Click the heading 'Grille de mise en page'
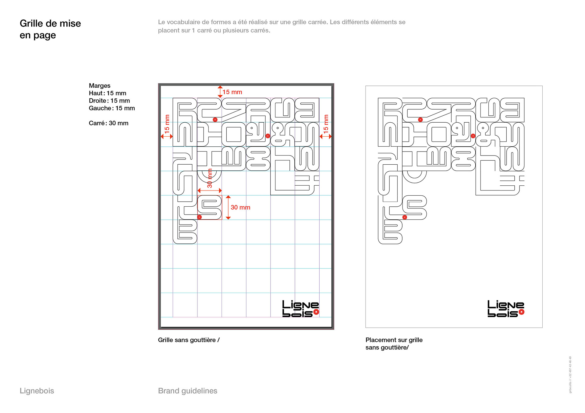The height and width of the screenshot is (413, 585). [x=50, y=29]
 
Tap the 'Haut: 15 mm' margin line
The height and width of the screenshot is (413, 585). [x=107, y=93]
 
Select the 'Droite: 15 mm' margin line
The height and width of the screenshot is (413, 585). [x=109, y=101]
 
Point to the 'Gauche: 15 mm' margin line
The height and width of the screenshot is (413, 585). [x=112, y=108]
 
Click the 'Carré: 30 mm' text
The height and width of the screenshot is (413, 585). [x=108, y=123]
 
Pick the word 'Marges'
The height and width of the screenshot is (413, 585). [x=100, y=86]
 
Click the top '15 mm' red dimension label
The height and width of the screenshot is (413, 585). [x=232, y=92]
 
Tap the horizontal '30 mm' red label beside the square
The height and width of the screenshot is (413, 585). [x=240, y=207]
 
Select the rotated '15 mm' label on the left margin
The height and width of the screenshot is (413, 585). [x=167, y=123]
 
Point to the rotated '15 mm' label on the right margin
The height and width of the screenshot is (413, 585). [x=326, y=123]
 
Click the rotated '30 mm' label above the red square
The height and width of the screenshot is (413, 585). [x=210, y=178]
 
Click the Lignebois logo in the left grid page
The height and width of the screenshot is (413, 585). [x=300, y=309]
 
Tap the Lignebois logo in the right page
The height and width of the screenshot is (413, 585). [x=505, y=309]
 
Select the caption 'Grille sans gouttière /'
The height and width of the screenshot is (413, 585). [x=189, y=340]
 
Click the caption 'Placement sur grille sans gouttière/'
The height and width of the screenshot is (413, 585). [x=394, y=344]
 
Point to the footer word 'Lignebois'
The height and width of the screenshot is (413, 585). [x=37, y=391]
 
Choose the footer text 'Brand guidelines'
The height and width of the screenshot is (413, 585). [x=187, y=391]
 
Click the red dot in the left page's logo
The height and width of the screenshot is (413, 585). [x=316, y=312]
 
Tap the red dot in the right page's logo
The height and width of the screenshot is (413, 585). [x=522, y=312]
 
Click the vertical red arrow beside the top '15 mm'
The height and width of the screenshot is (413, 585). [x=220, y=92]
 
